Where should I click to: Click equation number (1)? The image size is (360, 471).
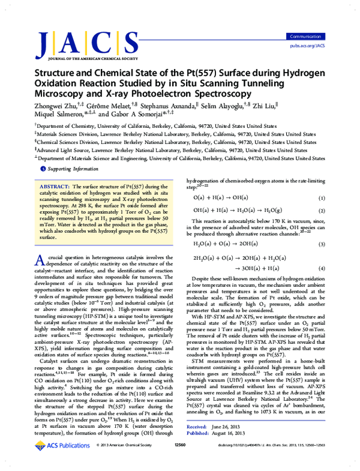pos(321,197)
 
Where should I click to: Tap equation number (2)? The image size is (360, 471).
pos(321,211)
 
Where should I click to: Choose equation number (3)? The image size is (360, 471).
pos(321,244)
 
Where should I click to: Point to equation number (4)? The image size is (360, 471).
pos(321,268)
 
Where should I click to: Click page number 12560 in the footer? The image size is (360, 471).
pos(181,463)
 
